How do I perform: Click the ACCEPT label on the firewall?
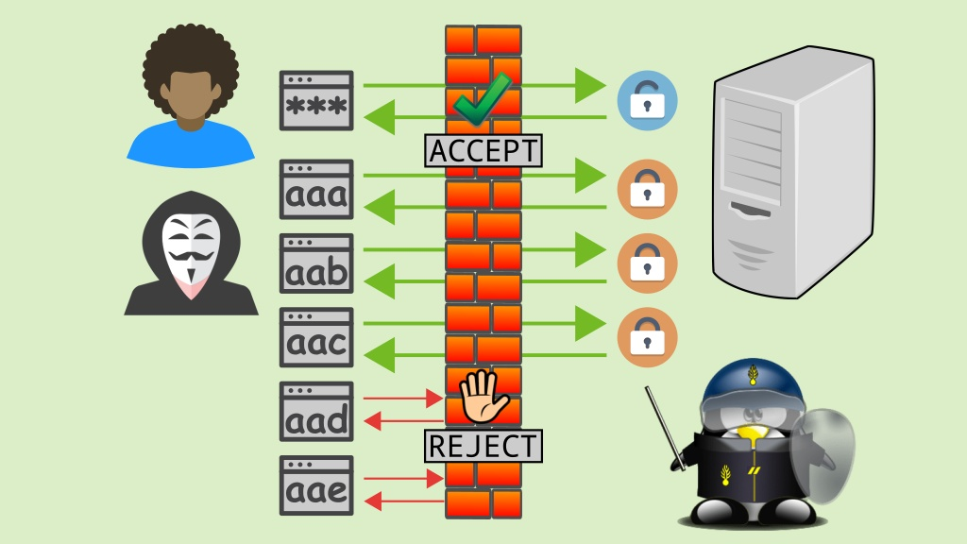(x=484, y=151)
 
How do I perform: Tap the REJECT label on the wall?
(x=484, y=446)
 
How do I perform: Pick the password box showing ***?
(x=316, y=100)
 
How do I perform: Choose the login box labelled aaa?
(x=316, y=190)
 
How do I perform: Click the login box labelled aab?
(x=316, y=263)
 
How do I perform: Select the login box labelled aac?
(x=316, y=337)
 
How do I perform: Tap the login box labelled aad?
(x=316, y=411)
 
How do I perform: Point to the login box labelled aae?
(x=316, y=484)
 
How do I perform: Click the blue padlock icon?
(x=647, y=100)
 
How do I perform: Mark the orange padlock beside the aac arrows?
(x=647, y=336)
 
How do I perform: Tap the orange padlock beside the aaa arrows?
(x=647, y=189)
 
